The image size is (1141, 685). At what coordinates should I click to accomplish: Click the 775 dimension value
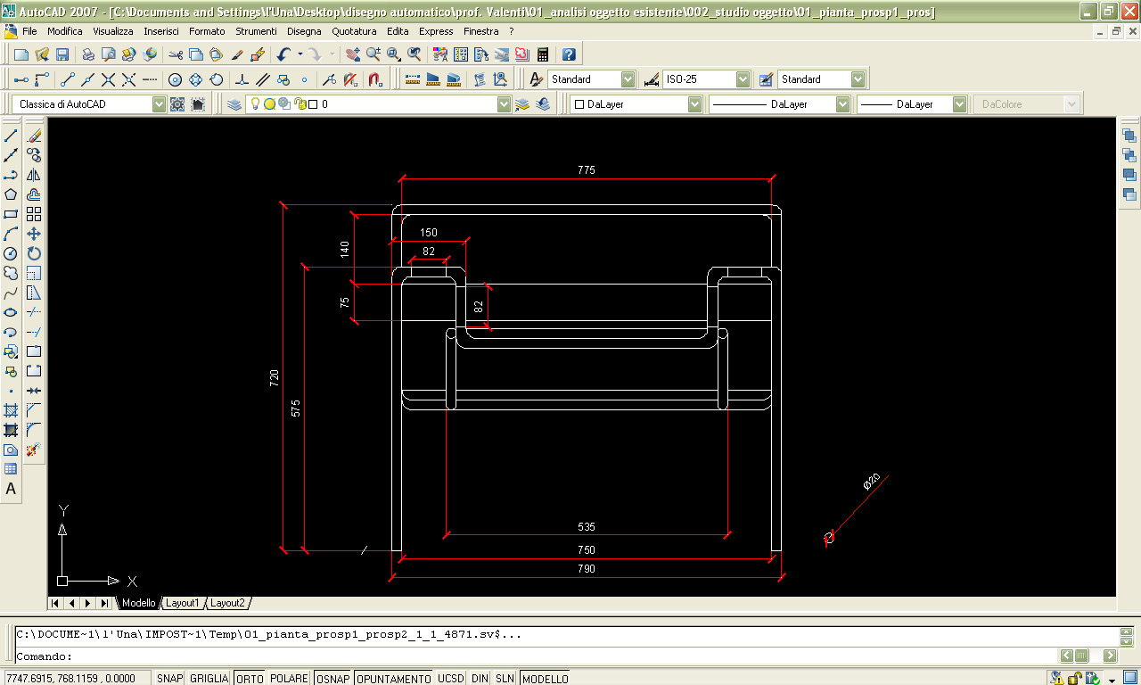click(x=587, y=169)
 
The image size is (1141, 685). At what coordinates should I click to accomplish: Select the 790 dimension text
click(x=587, y=569)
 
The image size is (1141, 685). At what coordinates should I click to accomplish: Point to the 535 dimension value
click(x=587, y=527)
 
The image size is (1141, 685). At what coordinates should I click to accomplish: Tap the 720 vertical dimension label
click(x=274, y=377)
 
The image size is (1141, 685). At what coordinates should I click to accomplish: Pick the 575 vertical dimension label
click(x=295, y=409)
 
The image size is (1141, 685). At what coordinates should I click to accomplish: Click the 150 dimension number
click(x=429, y=233)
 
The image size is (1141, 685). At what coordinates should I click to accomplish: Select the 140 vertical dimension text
click(x=344, y=249)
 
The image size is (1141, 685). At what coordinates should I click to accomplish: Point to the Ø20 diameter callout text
click(x=872, y=482)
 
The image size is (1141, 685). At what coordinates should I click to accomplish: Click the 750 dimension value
click(x=587, y=550)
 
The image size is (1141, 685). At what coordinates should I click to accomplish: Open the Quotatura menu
click(x=354, y=31)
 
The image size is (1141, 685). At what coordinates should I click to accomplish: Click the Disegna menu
click(x=304, y=31)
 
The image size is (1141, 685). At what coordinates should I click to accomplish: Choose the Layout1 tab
click(x=182, y=603)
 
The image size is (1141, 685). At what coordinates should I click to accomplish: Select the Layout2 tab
click(x=227, y=603)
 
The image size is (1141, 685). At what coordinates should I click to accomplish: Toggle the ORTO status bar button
click(x=250, y=679)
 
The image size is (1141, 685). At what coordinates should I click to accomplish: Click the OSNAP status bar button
click(x=333, y=679)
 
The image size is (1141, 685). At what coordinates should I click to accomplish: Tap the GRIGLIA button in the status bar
click(x=209, y=679)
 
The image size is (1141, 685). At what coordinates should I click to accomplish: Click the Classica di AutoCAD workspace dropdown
click(x=88, y=104)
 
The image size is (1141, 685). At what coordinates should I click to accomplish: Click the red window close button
click(x=1129, y=11)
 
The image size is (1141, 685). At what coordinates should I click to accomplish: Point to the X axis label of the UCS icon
click(x=133, y=581)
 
